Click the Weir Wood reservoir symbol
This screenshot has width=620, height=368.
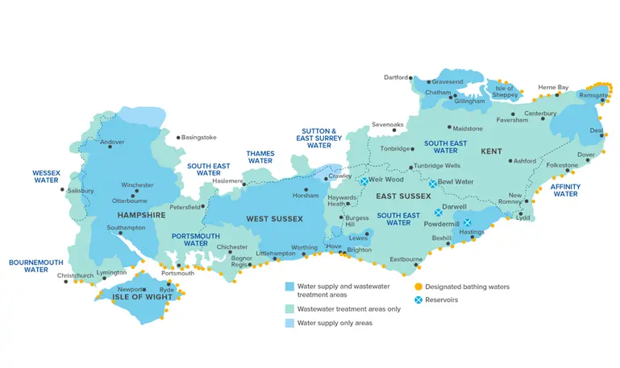point(364,181)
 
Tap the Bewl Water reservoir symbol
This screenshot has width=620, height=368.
point(433,184)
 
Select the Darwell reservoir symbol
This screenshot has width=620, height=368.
point(439,213)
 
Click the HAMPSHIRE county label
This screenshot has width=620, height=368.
point(140,215)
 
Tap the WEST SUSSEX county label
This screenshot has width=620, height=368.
point(274,218)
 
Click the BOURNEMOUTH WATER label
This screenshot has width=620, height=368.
point(36,266)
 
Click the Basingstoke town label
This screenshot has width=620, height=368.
point(199,137)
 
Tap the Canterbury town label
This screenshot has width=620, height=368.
point(540,114)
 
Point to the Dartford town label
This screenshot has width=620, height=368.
point(397,77)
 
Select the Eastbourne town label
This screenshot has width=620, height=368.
point(406,259)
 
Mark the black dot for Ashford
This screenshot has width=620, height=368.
point(510,161)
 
